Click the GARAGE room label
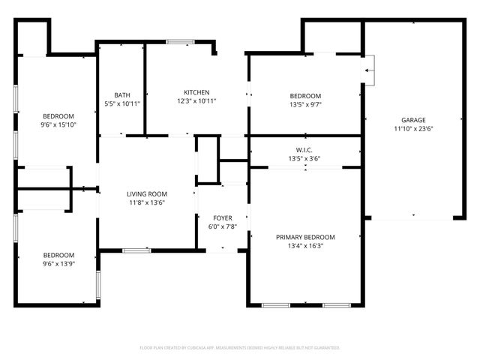pyautogui.click(x=412, y=120)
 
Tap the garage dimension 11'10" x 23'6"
pyautogui.click(x=412, y=128)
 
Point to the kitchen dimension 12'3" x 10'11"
pyautogui.click(x=196, y=100)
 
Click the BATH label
pyautogui.click(x=122, y=95)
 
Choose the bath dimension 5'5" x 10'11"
pyautogui.click(x=122, y=103)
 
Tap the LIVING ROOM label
pyautogui.click(x=146, y=193)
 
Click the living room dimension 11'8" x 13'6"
pyautogui.click(x=146, y=202)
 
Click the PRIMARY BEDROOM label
pyautogui.click(x=305, y=237)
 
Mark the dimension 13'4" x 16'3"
pyautogui.click(x=305, y=245)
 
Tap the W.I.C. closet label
pyautogui.click(x=305, y=150)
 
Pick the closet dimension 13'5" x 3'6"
pyautogui.click(x=305, y=158)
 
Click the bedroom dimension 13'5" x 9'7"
pyautogui.click(x=305, y=104)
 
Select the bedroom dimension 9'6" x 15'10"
pyautogui.click(x=58, y=124)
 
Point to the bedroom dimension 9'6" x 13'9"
pyautogui.click(x=58, y=263)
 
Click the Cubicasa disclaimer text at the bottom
pyautogui.click(x=240, y=347)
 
